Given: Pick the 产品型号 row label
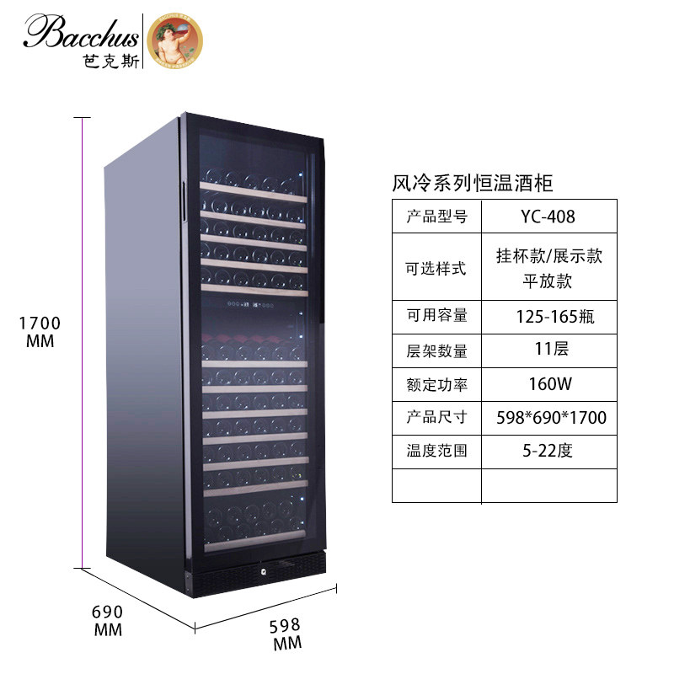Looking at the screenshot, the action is click(x=436, y=217).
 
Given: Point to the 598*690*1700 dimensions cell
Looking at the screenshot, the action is click(x=548, y=417).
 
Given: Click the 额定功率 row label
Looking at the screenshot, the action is click(x=436, y=383).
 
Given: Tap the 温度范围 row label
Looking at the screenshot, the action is click(x=436, y=451).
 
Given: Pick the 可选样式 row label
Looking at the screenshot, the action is click(x=436, y=267).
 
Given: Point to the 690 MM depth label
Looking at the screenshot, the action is click(x=107, y=619).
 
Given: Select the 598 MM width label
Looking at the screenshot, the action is click(x=284, y=634).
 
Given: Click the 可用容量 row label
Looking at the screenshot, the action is click(x=436, y=317).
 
